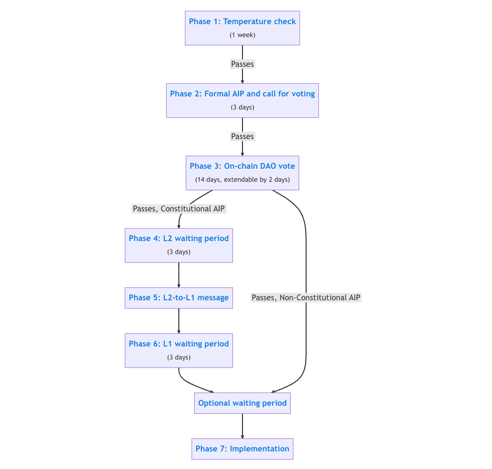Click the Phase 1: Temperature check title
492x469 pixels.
pos(242,22)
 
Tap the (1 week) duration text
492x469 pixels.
pos(242,35)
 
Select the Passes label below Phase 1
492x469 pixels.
pos(242,64)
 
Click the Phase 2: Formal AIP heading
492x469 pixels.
pos(242,93)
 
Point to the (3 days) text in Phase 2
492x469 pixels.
pos(242,107)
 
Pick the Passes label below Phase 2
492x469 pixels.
pos(242,136)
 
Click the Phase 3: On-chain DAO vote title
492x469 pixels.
pos(242,166)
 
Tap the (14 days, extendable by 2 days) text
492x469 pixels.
pos(242,180)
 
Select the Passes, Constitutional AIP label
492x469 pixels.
pos(179,209)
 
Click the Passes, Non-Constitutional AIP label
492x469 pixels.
pos(306,298)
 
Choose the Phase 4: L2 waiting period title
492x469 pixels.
pos(179,239)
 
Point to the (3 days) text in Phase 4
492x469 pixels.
pos(179,252)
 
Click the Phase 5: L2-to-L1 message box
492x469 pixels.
pos(179,298)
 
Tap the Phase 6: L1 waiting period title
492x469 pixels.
pos(179,344)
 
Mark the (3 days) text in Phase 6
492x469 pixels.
pos(179,357)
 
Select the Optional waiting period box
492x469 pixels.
pos(242,403)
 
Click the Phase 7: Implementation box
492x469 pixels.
pos(242,449)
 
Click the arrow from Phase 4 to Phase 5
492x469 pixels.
pos(179,275)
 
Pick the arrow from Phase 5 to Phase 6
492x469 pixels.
pos(179,321)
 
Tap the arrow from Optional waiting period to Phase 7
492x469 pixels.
pos(242,426)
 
